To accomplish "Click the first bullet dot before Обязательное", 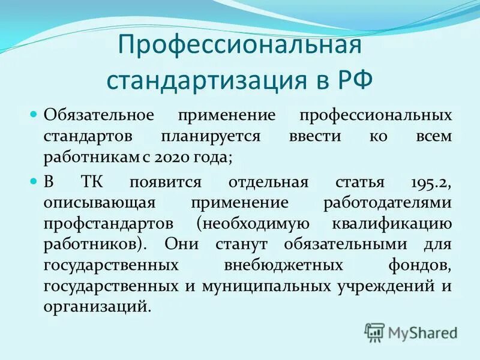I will point(34,113).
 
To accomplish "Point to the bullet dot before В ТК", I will point(34,181).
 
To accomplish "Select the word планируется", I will point(210,136).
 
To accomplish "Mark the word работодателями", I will point(386,203).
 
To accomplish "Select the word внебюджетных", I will point(283,265).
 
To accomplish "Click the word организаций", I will point(95,307).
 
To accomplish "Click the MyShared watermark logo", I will point(411,332).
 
